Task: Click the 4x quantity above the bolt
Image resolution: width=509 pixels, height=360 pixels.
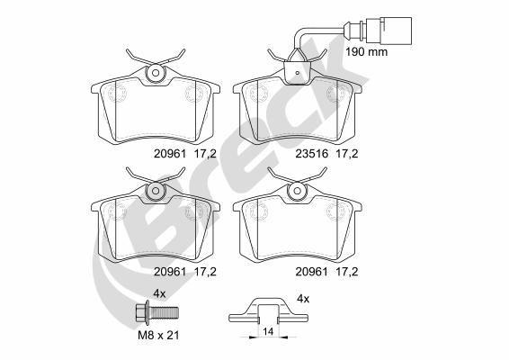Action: [x=158, y=294]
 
